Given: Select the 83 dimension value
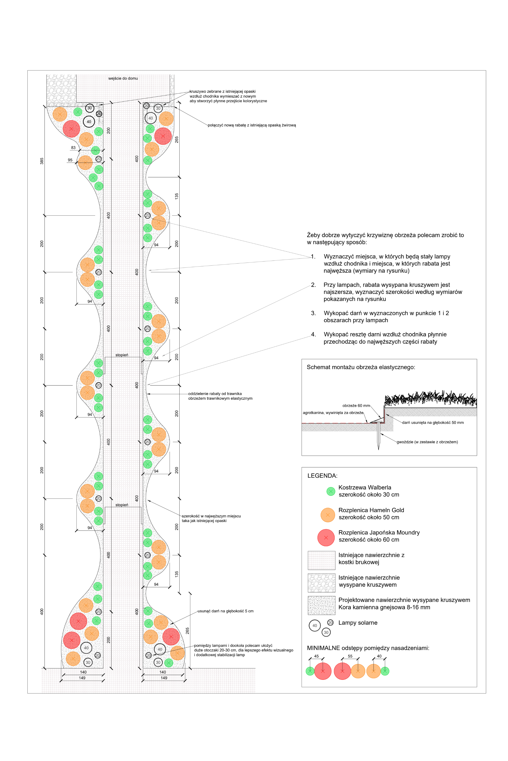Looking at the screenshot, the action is pos(73,148).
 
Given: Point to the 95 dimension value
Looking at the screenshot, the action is pos(70,160).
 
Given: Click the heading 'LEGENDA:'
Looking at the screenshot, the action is pos(322,476).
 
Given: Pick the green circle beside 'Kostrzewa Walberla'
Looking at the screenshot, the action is pos(331,492).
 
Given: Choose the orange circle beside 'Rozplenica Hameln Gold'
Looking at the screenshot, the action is pos(328,515).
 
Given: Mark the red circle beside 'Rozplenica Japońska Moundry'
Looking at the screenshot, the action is pos(326,538).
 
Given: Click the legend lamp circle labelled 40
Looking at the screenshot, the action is pos(315,626).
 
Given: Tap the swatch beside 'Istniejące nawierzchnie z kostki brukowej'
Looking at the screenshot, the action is pos(321,560).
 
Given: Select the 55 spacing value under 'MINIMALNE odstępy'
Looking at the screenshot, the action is pos(350,656).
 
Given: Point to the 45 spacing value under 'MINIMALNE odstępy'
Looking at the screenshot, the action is pos(316,656).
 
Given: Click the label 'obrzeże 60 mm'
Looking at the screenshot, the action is pos(356,405).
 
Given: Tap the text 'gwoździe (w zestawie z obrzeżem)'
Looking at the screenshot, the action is pos(427,442).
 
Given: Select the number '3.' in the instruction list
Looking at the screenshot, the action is pos(313,313).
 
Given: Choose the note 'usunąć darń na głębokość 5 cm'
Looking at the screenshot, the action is pos(226,611).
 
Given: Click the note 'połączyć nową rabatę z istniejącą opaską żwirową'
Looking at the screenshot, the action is pos(252,125).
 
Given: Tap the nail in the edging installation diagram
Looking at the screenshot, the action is pos(378,436).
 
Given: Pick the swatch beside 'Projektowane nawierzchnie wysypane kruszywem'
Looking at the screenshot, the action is pos(321,605).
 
